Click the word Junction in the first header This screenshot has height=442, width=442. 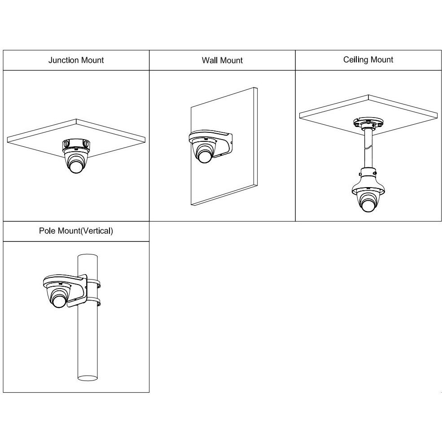pyautogui.click(x=63, y=60)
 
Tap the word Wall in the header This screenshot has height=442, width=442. pyautogui.click(x=209, y=60)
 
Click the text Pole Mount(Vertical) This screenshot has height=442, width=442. pyautogui.click(x=76, y=231)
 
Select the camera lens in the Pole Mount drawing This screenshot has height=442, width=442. pyautogui.click(x=59, y=301)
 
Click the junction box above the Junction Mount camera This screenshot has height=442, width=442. pyautogui.click(x=76, y=145)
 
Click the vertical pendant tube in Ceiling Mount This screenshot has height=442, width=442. pyautogui.click(x=368, y=149)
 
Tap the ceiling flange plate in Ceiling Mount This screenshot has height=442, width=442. pyautogui.click(x=368, y=123)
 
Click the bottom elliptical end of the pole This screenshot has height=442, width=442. pyautogui.click(x=88, y=378)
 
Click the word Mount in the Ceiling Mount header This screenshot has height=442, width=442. pyautogui.click(x=382, y=60)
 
